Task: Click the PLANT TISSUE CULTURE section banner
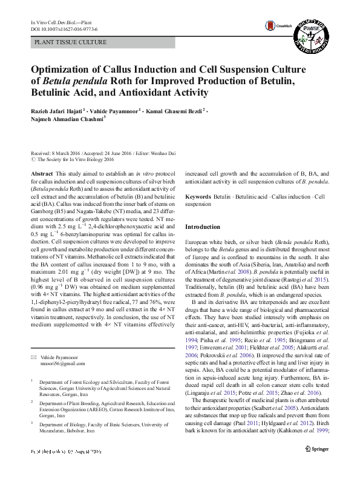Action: tap(71, 42)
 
